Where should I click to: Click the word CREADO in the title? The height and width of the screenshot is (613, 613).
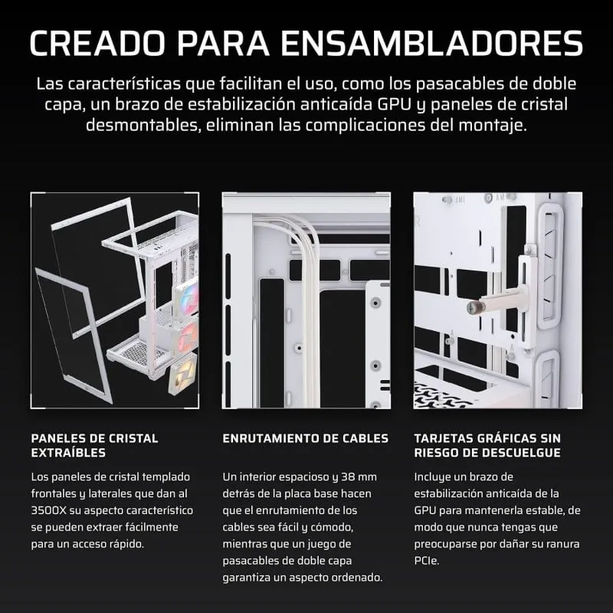[97, 43]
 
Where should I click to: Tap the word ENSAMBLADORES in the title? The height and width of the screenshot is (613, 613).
[432, 43]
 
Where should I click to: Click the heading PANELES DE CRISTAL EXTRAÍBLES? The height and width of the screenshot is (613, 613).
[94, 445]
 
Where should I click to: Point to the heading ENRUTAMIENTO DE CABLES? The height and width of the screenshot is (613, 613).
[305, 438]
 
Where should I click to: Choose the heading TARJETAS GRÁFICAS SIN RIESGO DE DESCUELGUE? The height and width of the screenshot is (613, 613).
[487, 445]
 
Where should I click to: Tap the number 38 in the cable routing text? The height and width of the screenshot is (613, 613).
[348, 477]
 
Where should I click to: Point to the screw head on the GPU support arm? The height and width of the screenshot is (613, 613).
[472, 308]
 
